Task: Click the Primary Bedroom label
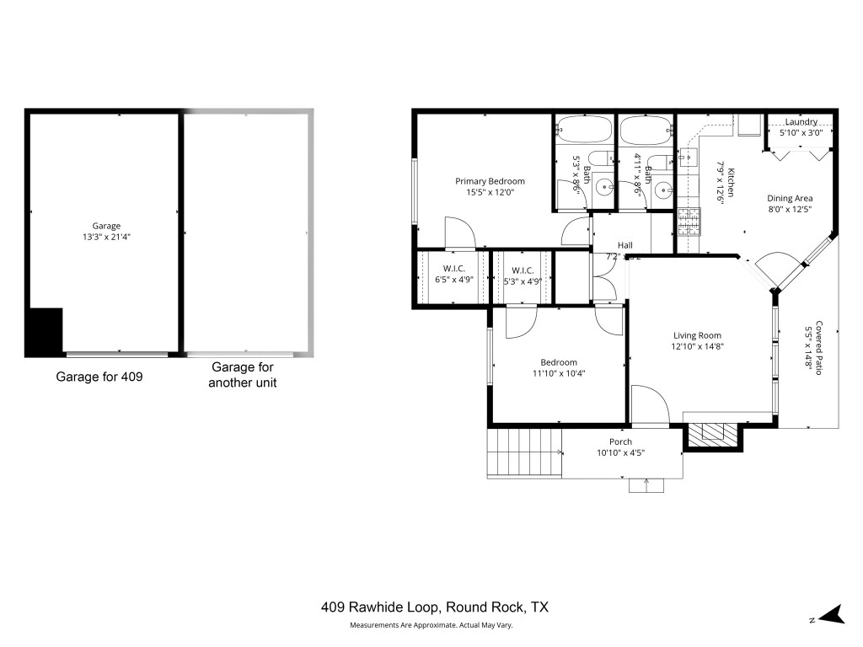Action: pyautogui.click(x=490, y=181)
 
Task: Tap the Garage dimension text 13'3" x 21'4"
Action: pyautogui.click(x=106, y=238)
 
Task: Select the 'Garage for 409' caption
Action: pyautogui.click(x=99, y=377)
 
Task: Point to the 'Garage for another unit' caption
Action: pyautogui.click(x=244, y=375)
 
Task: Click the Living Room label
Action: pyautogui.click(x=697, y=335)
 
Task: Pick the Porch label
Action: pyautogui.click(x=620, y=442)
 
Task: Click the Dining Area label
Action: pyautogui.click(x=790, y=199)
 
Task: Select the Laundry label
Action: pyautogui.click(x=801, y=121)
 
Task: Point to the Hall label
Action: pyautogui.click(x=624, y=245)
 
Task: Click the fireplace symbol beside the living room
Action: pyautogui.click(x=712, y=433)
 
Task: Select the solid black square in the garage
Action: pyautogui.click(x=45, y=332)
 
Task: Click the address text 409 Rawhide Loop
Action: pyautogui.click(x=435, y=607)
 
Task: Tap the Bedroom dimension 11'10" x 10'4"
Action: pyautogui.click(x=559, y=374)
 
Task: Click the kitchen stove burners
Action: pyautogui.click(x=689, y=222)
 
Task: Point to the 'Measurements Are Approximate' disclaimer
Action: pyautogui.click(x=431, y=625)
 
